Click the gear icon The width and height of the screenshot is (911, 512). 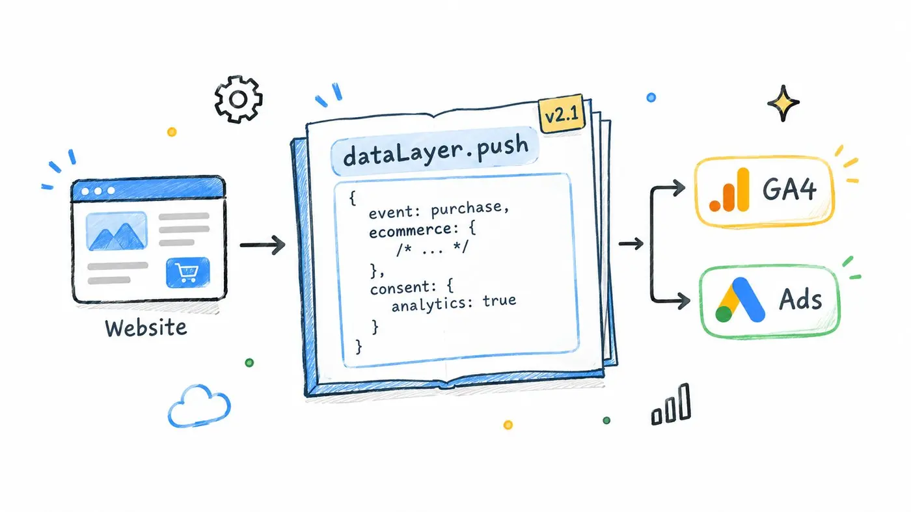238,99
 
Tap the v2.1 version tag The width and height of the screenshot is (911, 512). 562,115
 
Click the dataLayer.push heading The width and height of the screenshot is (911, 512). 435,151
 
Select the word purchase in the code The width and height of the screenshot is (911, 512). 470,208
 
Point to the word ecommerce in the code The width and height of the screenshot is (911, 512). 410,230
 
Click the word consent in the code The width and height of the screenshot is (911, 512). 398,288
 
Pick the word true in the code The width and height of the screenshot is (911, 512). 500,301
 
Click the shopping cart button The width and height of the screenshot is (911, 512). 188,272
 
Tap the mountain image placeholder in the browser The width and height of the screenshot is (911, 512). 116,230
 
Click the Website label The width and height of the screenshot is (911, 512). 146,328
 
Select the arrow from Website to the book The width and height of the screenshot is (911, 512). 262,245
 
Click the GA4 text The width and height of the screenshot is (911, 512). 789,189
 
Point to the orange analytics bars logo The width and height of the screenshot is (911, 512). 729,190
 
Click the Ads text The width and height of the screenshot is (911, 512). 800,300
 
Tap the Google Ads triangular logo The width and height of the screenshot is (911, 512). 740,300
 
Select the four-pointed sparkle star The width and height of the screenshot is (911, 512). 783,103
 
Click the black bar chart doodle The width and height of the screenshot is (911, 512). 671,404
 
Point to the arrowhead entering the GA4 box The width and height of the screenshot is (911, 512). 678,188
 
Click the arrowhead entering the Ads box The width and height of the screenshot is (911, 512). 683,301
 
